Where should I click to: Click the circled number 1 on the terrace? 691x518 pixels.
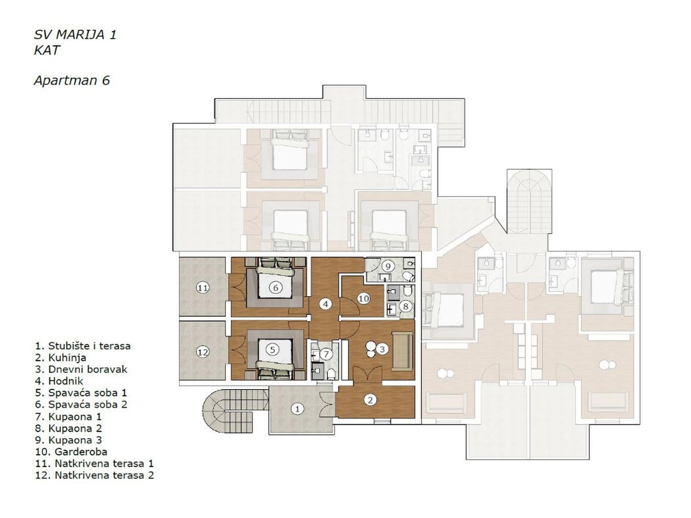click(297, 409)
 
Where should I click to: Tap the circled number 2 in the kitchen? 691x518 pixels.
click(370, 400)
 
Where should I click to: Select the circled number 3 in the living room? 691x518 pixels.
click(382, 349)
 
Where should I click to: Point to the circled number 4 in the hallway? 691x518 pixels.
click(325, 304)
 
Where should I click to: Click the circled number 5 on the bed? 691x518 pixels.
click(272, 349)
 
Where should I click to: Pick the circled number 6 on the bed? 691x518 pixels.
click(276, 287)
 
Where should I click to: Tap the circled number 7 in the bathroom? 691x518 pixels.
click(326, 354)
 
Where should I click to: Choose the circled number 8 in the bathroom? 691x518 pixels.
click(406, 306)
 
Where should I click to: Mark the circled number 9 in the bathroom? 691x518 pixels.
click(388, 266)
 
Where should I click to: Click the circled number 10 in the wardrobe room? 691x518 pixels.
click(363, 299)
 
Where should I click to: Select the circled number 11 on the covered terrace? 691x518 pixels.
click(203, 288)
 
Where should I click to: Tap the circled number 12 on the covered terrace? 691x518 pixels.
click(203, 352)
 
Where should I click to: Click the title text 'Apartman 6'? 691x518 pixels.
click(72, 80)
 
